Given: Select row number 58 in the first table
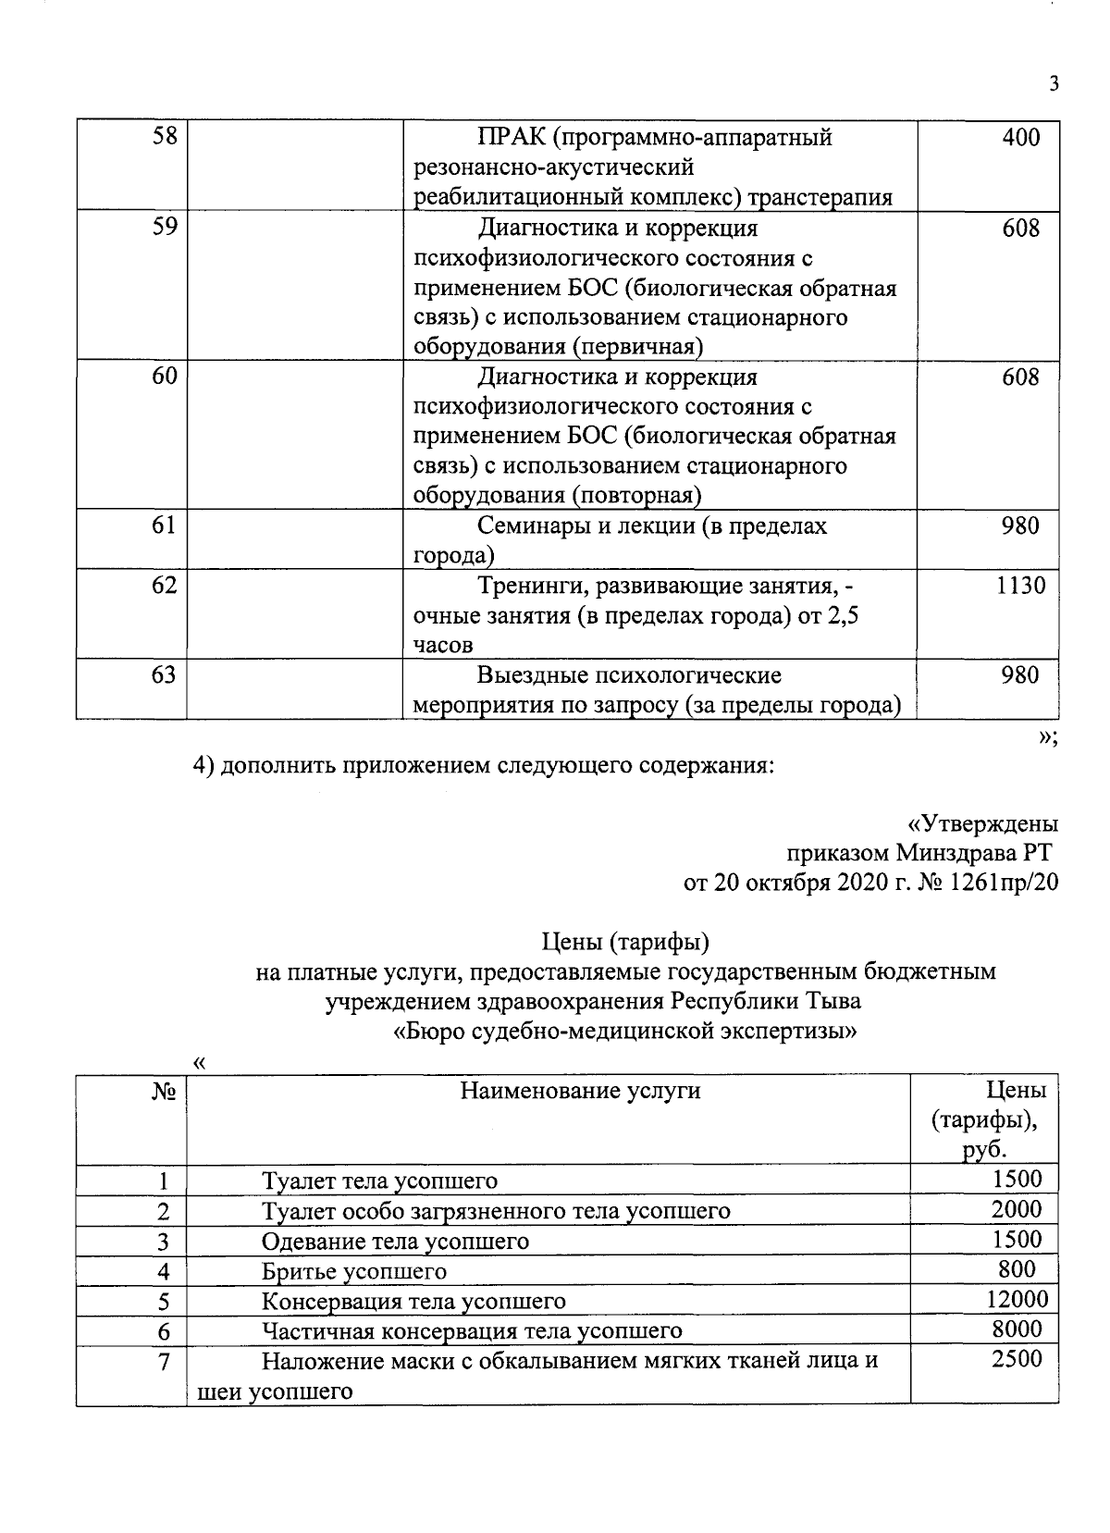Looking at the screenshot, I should coord(164,138).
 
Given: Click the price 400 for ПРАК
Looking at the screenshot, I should coord(1020,138).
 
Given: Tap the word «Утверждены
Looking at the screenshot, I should coord(982,822).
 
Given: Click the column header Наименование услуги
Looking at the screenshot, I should coord(580,1091).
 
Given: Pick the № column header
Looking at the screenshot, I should coord(164,1091).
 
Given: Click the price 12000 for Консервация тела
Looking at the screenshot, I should coord(1017,1299).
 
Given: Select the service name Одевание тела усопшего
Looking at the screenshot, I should coord(395,1241).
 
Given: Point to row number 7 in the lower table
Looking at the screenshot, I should coord(164,1361).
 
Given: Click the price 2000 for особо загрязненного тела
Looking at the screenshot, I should coord(1017,1209).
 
